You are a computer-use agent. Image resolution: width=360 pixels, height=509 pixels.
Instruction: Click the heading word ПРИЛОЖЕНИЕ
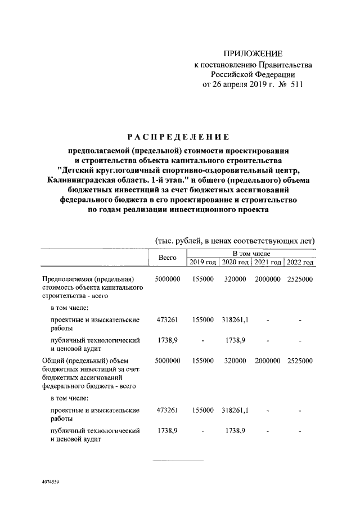[x=253, y=53]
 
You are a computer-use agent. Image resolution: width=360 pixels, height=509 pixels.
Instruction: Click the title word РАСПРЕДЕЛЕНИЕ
[x=178, y=137]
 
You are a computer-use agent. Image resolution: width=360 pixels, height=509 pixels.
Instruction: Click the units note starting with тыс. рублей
[x=235, y=241]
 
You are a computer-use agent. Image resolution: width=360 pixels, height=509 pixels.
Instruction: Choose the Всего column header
[x=167, y=258]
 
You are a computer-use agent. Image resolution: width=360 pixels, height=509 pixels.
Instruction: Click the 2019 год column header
[x=202, y=263]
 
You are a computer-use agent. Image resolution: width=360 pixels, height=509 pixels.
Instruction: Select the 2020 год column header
[x=235, y=263]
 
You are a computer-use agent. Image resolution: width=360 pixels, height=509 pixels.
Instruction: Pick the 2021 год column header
[x=268, y=263]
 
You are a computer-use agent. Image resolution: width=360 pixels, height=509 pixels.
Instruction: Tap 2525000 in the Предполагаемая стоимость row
[x=300, y=280]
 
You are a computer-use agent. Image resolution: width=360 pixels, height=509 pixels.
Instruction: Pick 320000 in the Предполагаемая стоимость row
[x=235, y=280]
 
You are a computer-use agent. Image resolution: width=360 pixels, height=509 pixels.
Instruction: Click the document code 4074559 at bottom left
[x=51, y=483]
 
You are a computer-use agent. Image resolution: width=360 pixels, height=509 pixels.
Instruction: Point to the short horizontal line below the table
[x=178, y=461]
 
